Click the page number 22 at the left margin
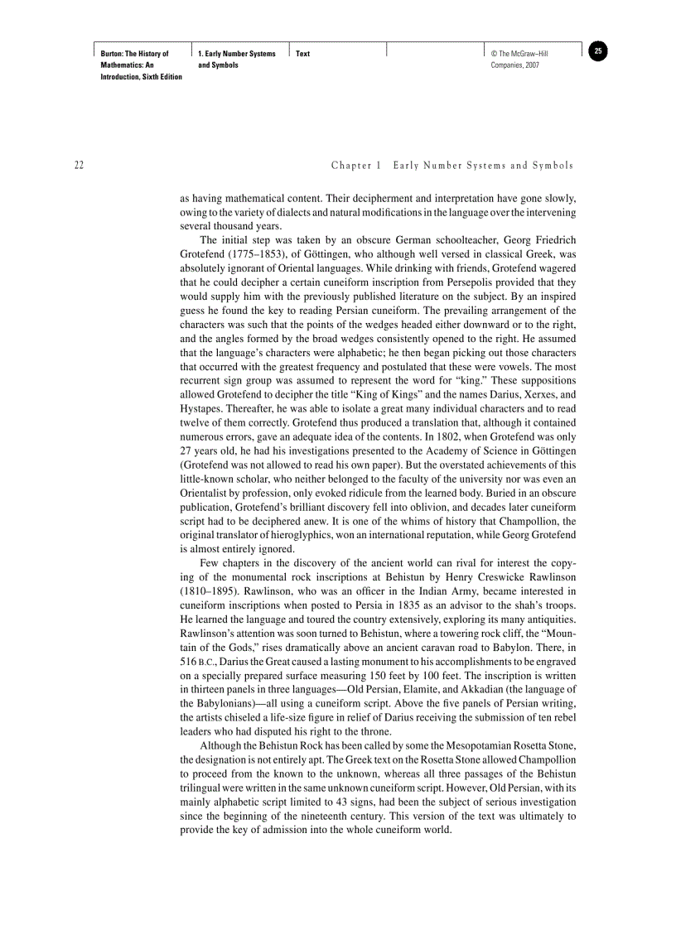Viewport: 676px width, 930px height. pyautogui.click(x=79, y=166)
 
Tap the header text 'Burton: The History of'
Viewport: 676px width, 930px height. pyautogui.click(x=134, y=54)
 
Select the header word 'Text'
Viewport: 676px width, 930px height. pyautogui.click(x=302, y=54)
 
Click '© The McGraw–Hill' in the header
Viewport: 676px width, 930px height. pyautogui.click(x=519, y=54)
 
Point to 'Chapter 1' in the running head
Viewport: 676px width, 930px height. pyautogui.click(x=356, y=166)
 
